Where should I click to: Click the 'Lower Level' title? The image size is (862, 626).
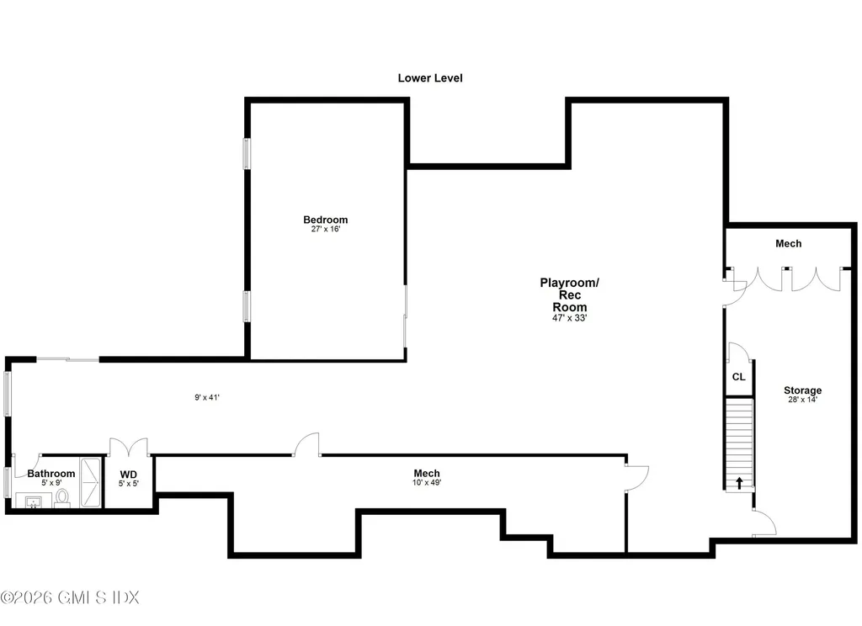[x=430, y=78]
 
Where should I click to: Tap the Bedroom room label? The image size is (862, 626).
[x=326, y=220]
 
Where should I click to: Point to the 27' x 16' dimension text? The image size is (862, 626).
[x=326, y=229]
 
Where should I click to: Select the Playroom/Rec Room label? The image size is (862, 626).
[x=570, y=294]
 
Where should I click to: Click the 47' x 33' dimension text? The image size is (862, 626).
[x=570, y=318]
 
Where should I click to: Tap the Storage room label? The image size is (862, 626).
[x=802, y=390]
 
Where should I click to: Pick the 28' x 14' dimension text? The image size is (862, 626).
[x=802, y=400]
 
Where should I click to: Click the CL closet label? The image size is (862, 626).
[x=739, y=377]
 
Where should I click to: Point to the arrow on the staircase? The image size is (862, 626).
[x=739, y=483]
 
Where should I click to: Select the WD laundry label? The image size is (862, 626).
[x=129, y=475]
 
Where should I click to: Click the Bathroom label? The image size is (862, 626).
[x=51, y=474]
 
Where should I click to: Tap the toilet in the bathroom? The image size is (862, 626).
[x=62, y=497]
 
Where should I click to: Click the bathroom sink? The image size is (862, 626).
[x=34, y=501]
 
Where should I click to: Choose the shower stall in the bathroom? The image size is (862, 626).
[x=91, y=482]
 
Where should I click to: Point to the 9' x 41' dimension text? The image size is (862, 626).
[x=207, y=397]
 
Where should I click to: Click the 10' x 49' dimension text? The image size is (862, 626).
[x=427, y=483]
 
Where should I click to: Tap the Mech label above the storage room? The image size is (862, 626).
[x=788, y=243]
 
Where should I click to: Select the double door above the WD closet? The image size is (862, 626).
[x=129, y=446]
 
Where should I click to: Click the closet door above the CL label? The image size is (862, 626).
[x=737, y=352]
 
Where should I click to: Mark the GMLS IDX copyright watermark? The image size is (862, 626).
[x=70, y=597]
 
